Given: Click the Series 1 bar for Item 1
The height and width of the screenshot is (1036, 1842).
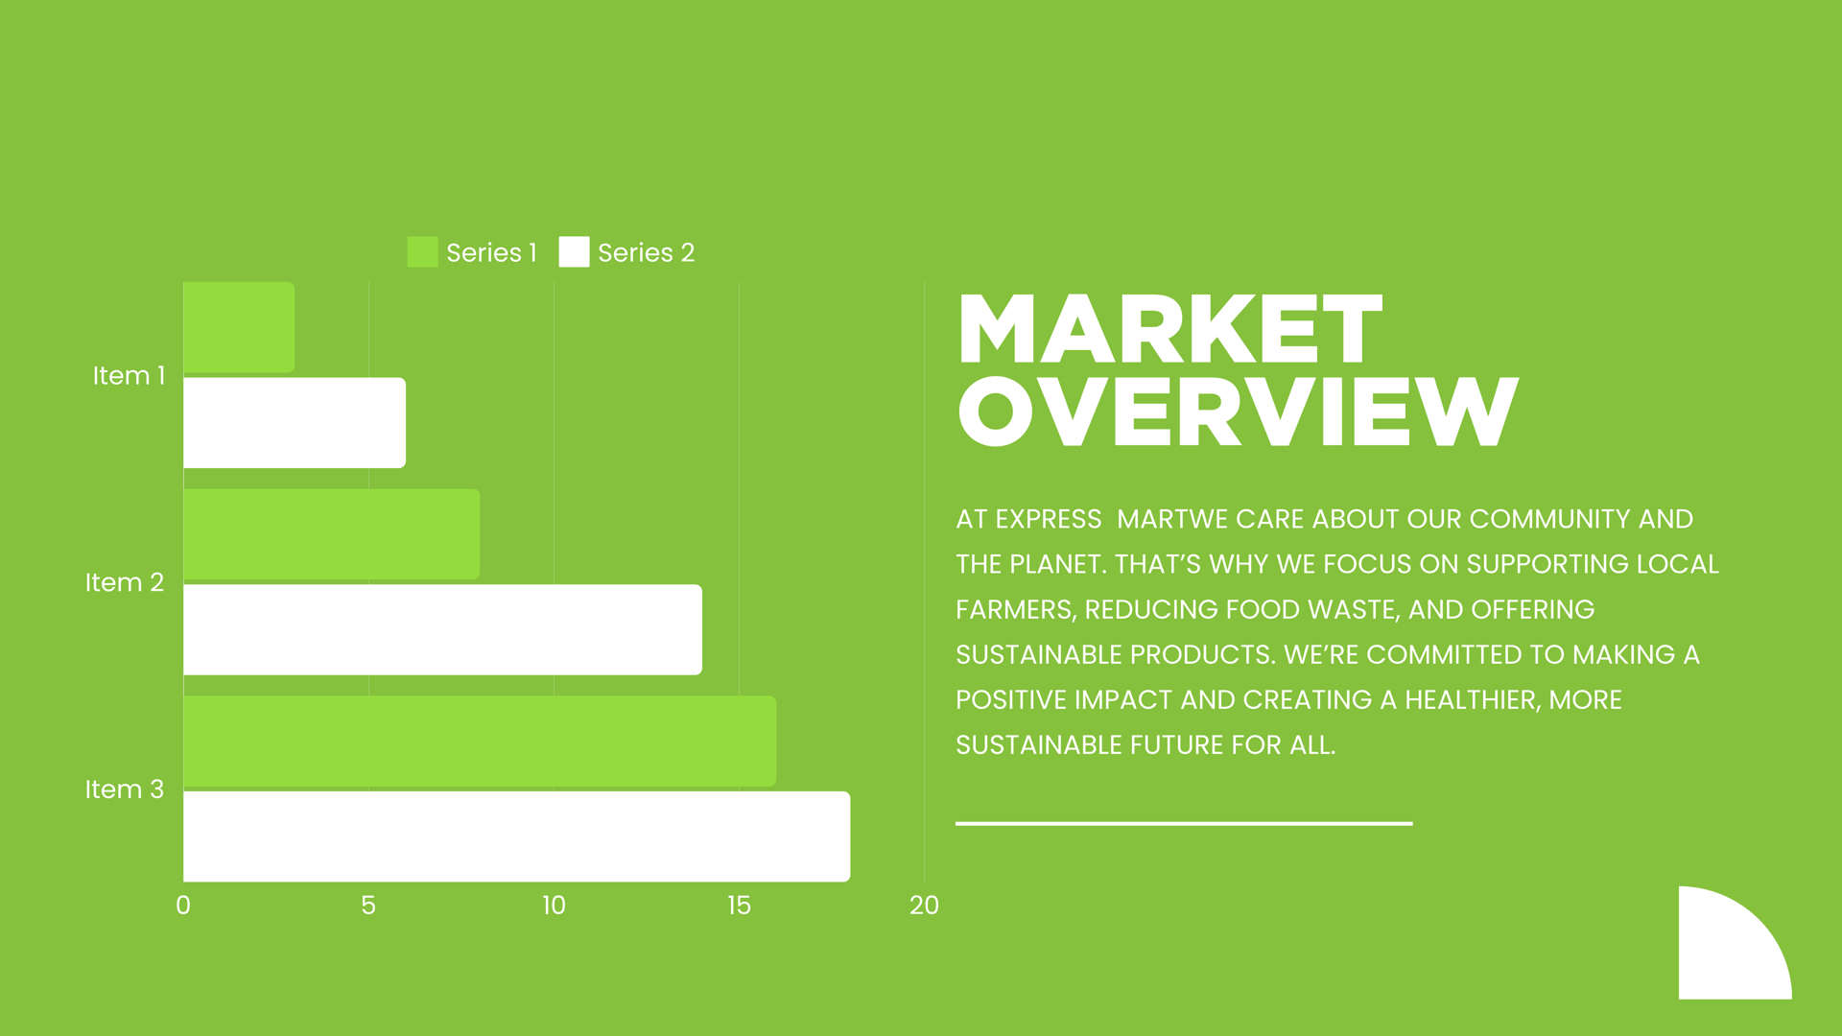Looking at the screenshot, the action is tap(239, 327).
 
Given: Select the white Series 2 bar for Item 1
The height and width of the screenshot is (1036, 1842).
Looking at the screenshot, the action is tap(295, 423).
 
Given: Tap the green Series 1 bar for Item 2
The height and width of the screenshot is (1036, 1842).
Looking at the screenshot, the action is tap(331, 534).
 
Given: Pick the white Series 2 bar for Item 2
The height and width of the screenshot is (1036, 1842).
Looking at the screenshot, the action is tap(442, 629).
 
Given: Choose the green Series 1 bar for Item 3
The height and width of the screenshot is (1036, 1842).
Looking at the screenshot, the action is tap(480, 741).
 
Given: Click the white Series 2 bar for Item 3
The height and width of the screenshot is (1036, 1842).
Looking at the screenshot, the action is tap(516, 836).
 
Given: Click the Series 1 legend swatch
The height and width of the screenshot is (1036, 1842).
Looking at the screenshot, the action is tap(422, 252).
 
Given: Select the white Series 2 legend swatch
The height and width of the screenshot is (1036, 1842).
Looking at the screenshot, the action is tap(574, 252).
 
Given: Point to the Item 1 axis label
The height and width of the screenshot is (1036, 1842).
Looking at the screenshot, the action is tap(129, 375).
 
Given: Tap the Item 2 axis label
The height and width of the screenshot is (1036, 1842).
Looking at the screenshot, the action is tap(125, 582).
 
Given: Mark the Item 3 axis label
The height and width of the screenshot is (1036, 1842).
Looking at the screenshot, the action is tap(125, 789).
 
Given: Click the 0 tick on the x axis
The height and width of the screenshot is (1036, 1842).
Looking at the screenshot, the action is tap(183, 906).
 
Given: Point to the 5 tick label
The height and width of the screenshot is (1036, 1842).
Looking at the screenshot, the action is tap(368, 906).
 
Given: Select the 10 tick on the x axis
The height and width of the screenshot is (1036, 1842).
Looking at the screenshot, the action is tap(554, 906).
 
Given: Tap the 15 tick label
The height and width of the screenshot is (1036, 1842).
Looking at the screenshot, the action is tap(739, 906).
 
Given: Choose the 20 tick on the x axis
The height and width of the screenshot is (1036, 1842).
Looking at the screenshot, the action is tap(924, 906).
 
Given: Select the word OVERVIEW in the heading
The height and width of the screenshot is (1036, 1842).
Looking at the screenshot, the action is tap(1239, 412).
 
